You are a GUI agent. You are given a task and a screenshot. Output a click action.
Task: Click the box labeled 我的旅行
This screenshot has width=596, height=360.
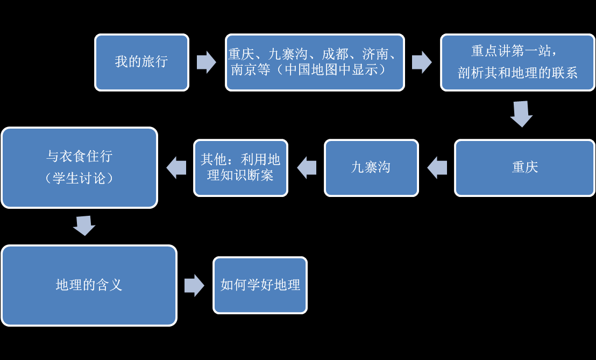click(142, 62)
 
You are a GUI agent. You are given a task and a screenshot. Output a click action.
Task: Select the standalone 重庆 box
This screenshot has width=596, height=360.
click(524, 168)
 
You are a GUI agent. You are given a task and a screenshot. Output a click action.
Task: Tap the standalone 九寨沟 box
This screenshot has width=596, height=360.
click(371, 168)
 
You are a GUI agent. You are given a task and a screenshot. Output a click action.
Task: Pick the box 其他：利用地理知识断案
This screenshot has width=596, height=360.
click(240, 168)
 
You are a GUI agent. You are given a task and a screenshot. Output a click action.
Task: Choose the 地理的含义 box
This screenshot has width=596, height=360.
click(89, 285)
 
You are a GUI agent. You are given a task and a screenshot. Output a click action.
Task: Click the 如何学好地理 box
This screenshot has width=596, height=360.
click(260, 285)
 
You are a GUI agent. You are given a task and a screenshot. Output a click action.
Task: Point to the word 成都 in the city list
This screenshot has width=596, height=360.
click(335, 54)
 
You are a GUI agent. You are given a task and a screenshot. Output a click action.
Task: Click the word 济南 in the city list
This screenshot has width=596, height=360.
click(375, 54)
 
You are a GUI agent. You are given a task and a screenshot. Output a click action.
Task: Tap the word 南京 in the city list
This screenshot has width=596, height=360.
click(244, 69)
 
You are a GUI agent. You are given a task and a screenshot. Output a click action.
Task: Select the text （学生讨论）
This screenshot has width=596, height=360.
click(79, 178)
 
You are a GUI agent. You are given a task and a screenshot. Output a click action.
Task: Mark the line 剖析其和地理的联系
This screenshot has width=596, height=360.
click(517, 73)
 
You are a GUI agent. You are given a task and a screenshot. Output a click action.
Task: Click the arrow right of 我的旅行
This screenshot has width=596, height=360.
click(207, 62)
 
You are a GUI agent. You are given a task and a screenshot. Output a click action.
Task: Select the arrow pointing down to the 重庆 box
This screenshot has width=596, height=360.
click(521, 114)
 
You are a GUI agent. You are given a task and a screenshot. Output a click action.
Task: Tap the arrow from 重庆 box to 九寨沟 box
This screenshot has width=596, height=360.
click(437, 168)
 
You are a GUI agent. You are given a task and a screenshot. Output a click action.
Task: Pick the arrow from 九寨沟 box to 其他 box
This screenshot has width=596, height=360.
click(307, 168)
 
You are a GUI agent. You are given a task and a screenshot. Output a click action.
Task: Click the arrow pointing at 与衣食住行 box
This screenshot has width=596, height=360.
click(176, 168)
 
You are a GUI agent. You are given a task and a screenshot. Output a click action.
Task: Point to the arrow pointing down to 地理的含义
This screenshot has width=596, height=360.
click(84, 225)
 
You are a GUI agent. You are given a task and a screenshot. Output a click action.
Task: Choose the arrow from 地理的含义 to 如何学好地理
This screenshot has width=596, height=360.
click(194, 285)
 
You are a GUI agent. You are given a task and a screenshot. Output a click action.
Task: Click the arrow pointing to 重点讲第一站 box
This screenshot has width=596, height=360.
click(422, 62)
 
